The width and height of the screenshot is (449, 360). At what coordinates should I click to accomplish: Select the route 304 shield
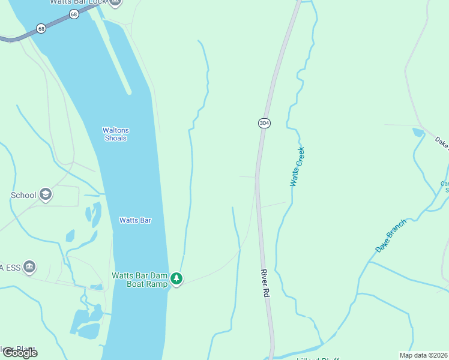(264, 123)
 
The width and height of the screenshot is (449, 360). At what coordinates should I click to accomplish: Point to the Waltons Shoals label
(115, 134)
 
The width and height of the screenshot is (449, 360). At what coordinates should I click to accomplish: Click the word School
(23, 195)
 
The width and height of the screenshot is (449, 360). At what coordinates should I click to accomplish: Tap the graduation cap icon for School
(46, 194)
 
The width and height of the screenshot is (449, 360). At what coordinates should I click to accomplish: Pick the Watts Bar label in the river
(135, 220)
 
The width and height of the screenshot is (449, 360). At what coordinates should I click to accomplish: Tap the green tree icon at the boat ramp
(176, 278)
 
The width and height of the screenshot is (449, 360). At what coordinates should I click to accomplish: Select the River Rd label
(264, 283)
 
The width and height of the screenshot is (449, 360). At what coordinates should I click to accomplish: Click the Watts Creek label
(297, 166)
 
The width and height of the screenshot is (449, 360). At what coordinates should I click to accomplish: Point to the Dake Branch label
(391, 235)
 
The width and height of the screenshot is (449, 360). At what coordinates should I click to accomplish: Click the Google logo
(20, 353)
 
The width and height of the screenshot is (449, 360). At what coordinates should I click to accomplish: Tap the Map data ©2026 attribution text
(423, 355)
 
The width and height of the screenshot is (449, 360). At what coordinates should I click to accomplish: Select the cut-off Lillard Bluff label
(318, 359)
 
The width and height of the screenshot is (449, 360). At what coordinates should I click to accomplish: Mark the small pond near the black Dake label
(418, 132)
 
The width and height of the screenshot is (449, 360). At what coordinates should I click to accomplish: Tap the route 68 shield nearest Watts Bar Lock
(74, 14)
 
